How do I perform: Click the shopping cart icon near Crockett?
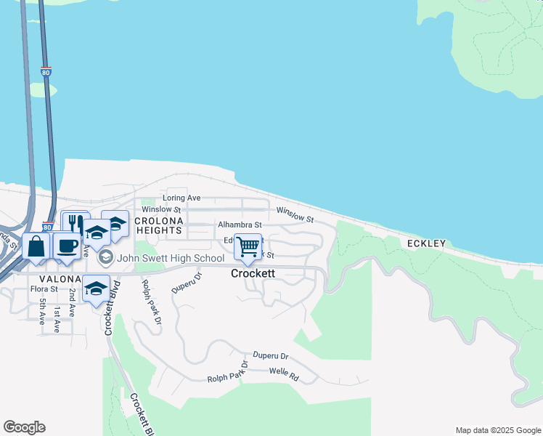click(x=248, y=246)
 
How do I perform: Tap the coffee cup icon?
click(x=68, y=246)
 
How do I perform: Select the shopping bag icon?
click(x=36, y=246)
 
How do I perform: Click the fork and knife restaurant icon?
click(x=75, y=222)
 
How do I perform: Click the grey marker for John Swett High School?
click(x=106, y=257)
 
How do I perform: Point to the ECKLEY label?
click(x=425, y=243)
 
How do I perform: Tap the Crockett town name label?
click(x=253, y=274)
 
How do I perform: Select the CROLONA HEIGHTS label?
click(x=158, y=224)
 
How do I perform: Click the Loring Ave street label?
click(x=181, y=198)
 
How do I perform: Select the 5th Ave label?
click(x=43, y=311)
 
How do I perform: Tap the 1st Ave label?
click(x=57, y=320)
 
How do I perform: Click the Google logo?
click(x=24, y=427)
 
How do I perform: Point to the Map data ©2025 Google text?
click(x=497, y=430)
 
